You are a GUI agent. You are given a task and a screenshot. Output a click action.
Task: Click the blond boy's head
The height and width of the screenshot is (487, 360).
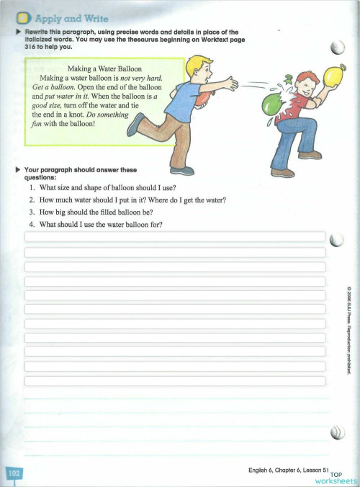[x=194, y=67]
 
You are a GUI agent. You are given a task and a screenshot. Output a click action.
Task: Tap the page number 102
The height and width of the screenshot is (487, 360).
[x=13, y=473]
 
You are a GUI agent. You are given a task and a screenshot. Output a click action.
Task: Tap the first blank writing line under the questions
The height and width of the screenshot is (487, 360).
[x=174, y=237]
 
